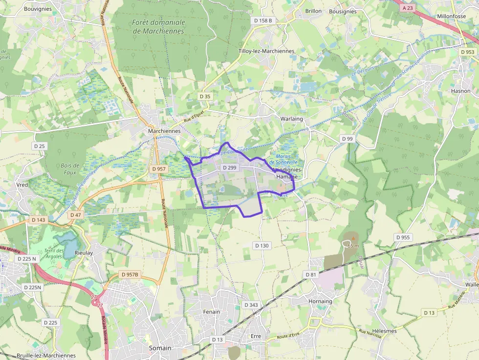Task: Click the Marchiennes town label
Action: [164, 131]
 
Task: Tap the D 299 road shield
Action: [229, 168]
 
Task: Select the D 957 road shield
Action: [159, 169]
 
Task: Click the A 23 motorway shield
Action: [407, 8]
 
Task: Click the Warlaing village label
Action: [292, 119]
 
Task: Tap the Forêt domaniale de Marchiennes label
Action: [158, 26]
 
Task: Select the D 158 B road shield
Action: [263, 21]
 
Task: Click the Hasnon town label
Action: [460, 91]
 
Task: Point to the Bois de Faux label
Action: [70, 169]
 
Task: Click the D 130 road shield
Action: [261, 245]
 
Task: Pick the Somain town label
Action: [160, 348]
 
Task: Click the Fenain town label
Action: [211, 312]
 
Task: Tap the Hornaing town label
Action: [320, 301]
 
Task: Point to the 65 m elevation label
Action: [353, 246]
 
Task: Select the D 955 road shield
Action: [403, 237]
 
